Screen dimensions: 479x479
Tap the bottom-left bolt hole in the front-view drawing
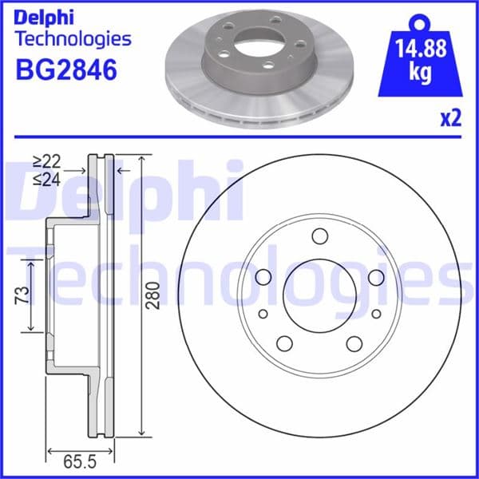(x=284, y=343)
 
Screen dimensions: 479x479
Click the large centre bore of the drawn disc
(x=320, y=296)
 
